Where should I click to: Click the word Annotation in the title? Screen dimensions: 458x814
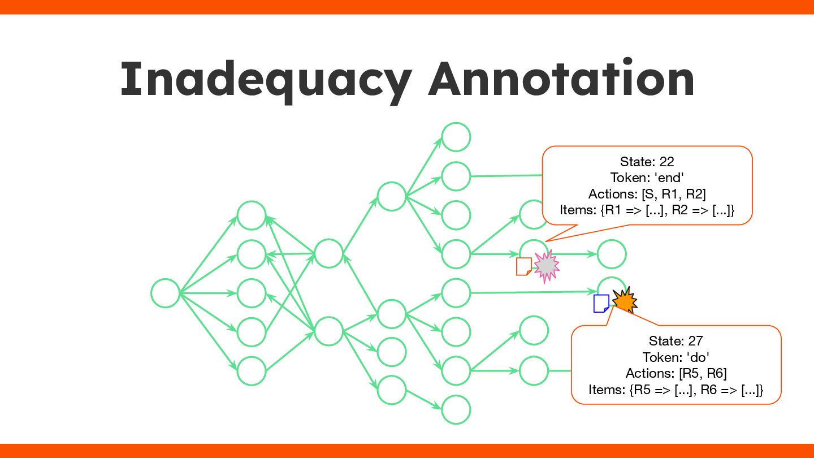pyautogui.click(x=561, y=79)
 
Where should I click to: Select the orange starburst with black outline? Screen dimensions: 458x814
pyautogui.click(x=624, y=300)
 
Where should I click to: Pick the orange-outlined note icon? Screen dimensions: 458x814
pyautogui.click(x=524, y=266)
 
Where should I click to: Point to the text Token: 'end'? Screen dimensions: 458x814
pyautogui.click(x=647, y=178)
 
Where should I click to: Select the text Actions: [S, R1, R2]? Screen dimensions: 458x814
pyautogui.click(x=647, y=194)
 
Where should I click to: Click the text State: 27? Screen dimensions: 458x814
pyautogui.click(x=676, y=341)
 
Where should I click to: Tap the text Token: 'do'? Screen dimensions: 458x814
pyautogui.click(x=676, y=357)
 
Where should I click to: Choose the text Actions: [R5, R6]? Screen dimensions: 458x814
pyautogui.click(x=676, y=373)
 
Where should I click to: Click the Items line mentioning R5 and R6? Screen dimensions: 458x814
pyautogui.click(x=676, y=390)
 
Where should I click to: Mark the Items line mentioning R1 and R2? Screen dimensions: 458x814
pyautogui.click(x=647, y=210)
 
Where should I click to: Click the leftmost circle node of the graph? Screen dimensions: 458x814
pyautogui.click(x=166, y=293)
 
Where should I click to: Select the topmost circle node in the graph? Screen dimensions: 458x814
pyautogui.click(x=456, y=137)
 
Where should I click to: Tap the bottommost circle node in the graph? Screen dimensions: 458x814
pyautogui.click(x=456, y=410)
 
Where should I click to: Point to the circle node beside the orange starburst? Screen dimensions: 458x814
pyautogui.click(x=610, y=288)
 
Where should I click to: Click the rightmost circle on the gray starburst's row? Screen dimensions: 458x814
pyautogui.click(x=611, y=254)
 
